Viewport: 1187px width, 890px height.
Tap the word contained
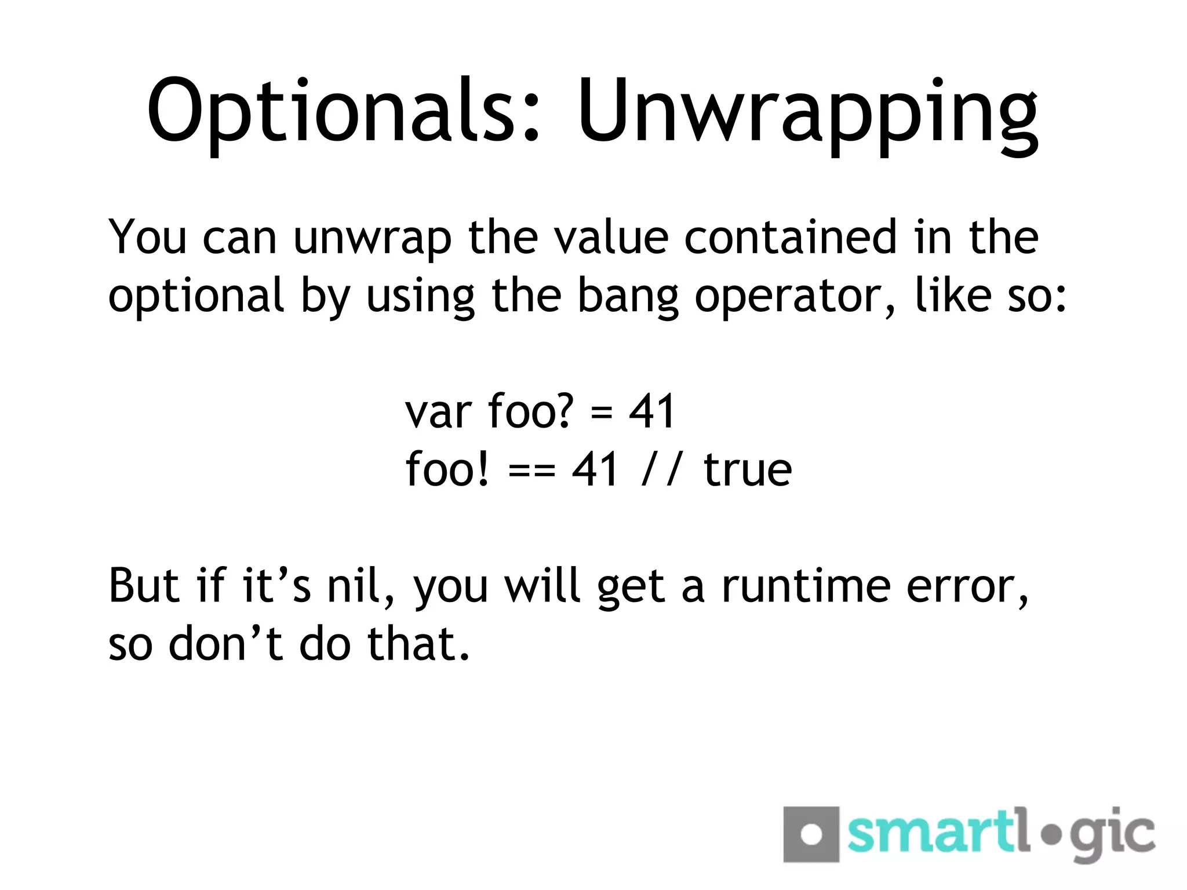[x=791, y=238]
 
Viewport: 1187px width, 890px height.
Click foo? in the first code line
[x=531, y=411]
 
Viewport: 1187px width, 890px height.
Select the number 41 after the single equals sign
[x=652, y=411]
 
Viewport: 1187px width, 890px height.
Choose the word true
[x=748, y=470]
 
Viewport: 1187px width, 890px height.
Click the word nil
[x=361, y=586]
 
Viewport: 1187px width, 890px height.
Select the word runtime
[x=806, y=586]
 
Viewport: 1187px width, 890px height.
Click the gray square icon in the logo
[x=811, y=834]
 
